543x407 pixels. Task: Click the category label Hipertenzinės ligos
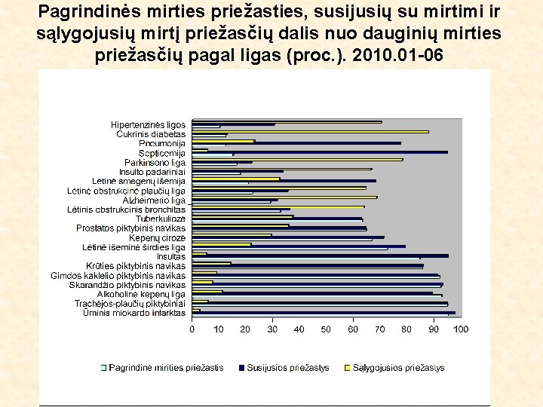[x=148, y=124]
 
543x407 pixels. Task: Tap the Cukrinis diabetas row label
[x=150, y=134]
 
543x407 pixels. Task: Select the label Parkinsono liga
[x=155, y=162]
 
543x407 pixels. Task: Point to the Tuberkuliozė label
[x=161, y=219]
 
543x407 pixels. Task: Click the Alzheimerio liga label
[x=154, y=200]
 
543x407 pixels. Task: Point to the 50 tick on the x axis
[x=327, y=329]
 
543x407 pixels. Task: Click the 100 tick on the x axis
[x=460, y=329]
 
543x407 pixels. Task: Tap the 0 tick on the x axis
[x=192, y=329]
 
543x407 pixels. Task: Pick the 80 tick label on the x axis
[x=406, y=329]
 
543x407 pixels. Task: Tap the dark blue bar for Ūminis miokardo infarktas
[x=324, y=312]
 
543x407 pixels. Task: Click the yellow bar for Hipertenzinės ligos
[x=287, y=122]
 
